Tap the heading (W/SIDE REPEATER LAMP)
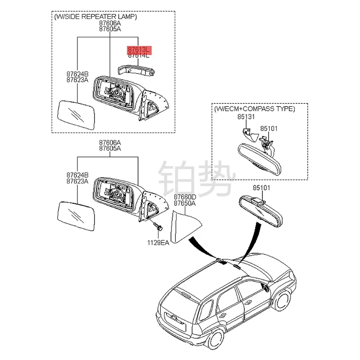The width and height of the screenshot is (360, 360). [95, 17]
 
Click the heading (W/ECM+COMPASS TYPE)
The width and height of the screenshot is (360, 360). [255, 109]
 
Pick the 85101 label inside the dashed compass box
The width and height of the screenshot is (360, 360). [270, 128]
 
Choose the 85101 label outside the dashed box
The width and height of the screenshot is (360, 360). [261, 188]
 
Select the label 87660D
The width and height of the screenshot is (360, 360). [185, 197]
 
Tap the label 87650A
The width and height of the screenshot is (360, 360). [185, 203]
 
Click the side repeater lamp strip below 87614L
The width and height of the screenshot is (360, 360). [135, 70]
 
